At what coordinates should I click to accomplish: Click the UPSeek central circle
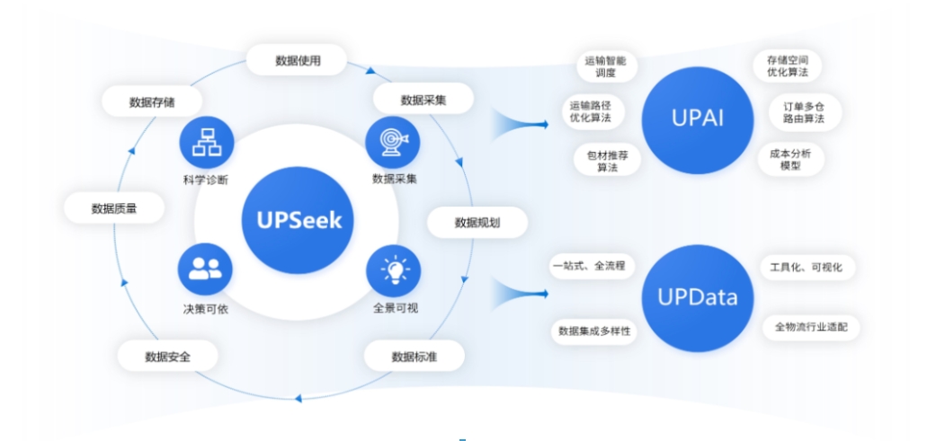(297, 219)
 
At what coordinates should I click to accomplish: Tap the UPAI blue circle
(698, 119)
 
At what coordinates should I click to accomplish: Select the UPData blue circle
(698, 297)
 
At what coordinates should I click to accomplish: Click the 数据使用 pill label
(298, 61)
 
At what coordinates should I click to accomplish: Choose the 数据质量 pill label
(114, 208)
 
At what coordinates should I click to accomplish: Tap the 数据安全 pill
(168, 356)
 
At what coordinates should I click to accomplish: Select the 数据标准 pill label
(414, 356)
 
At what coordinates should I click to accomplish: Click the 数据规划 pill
(477, 223)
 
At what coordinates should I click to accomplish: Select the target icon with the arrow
(394, 142)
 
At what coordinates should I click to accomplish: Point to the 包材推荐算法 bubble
(607, 161)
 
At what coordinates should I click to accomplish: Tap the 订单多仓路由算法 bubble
(798, 111)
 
